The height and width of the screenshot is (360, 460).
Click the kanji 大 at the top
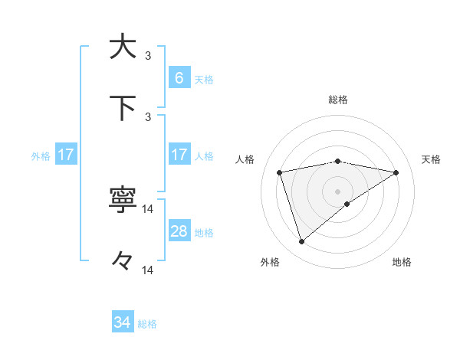123,46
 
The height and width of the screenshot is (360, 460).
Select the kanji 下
123,107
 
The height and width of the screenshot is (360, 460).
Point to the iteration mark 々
123,261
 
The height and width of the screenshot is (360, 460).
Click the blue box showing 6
179,78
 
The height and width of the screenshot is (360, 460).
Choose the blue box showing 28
179,231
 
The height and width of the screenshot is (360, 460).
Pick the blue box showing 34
123,322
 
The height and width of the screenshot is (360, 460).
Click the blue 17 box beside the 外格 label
66,155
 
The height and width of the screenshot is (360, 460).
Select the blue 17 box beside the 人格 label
179,155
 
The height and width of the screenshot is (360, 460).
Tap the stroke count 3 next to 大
148,55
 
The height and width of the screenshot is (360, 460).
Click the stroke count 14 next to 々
148,270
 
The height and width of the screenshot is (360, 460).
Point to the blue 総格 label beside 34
147,323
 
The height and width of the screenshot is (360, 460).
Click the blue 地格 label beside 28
204,232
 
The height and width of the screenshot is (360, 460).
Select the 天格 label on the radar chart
432,159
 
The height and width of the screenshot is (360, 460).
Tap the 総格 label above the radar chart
338,100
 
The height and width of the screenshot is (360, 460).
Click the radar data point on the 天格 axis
396,172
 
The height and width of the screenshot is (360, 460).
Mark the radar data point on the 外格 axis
301,242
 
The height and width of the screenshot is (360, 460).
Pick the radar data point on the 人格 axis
280,172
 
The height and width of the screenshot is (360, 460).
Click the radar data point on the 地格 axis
347,204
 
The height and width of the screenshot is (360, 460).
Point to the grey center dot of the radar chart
338,191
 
